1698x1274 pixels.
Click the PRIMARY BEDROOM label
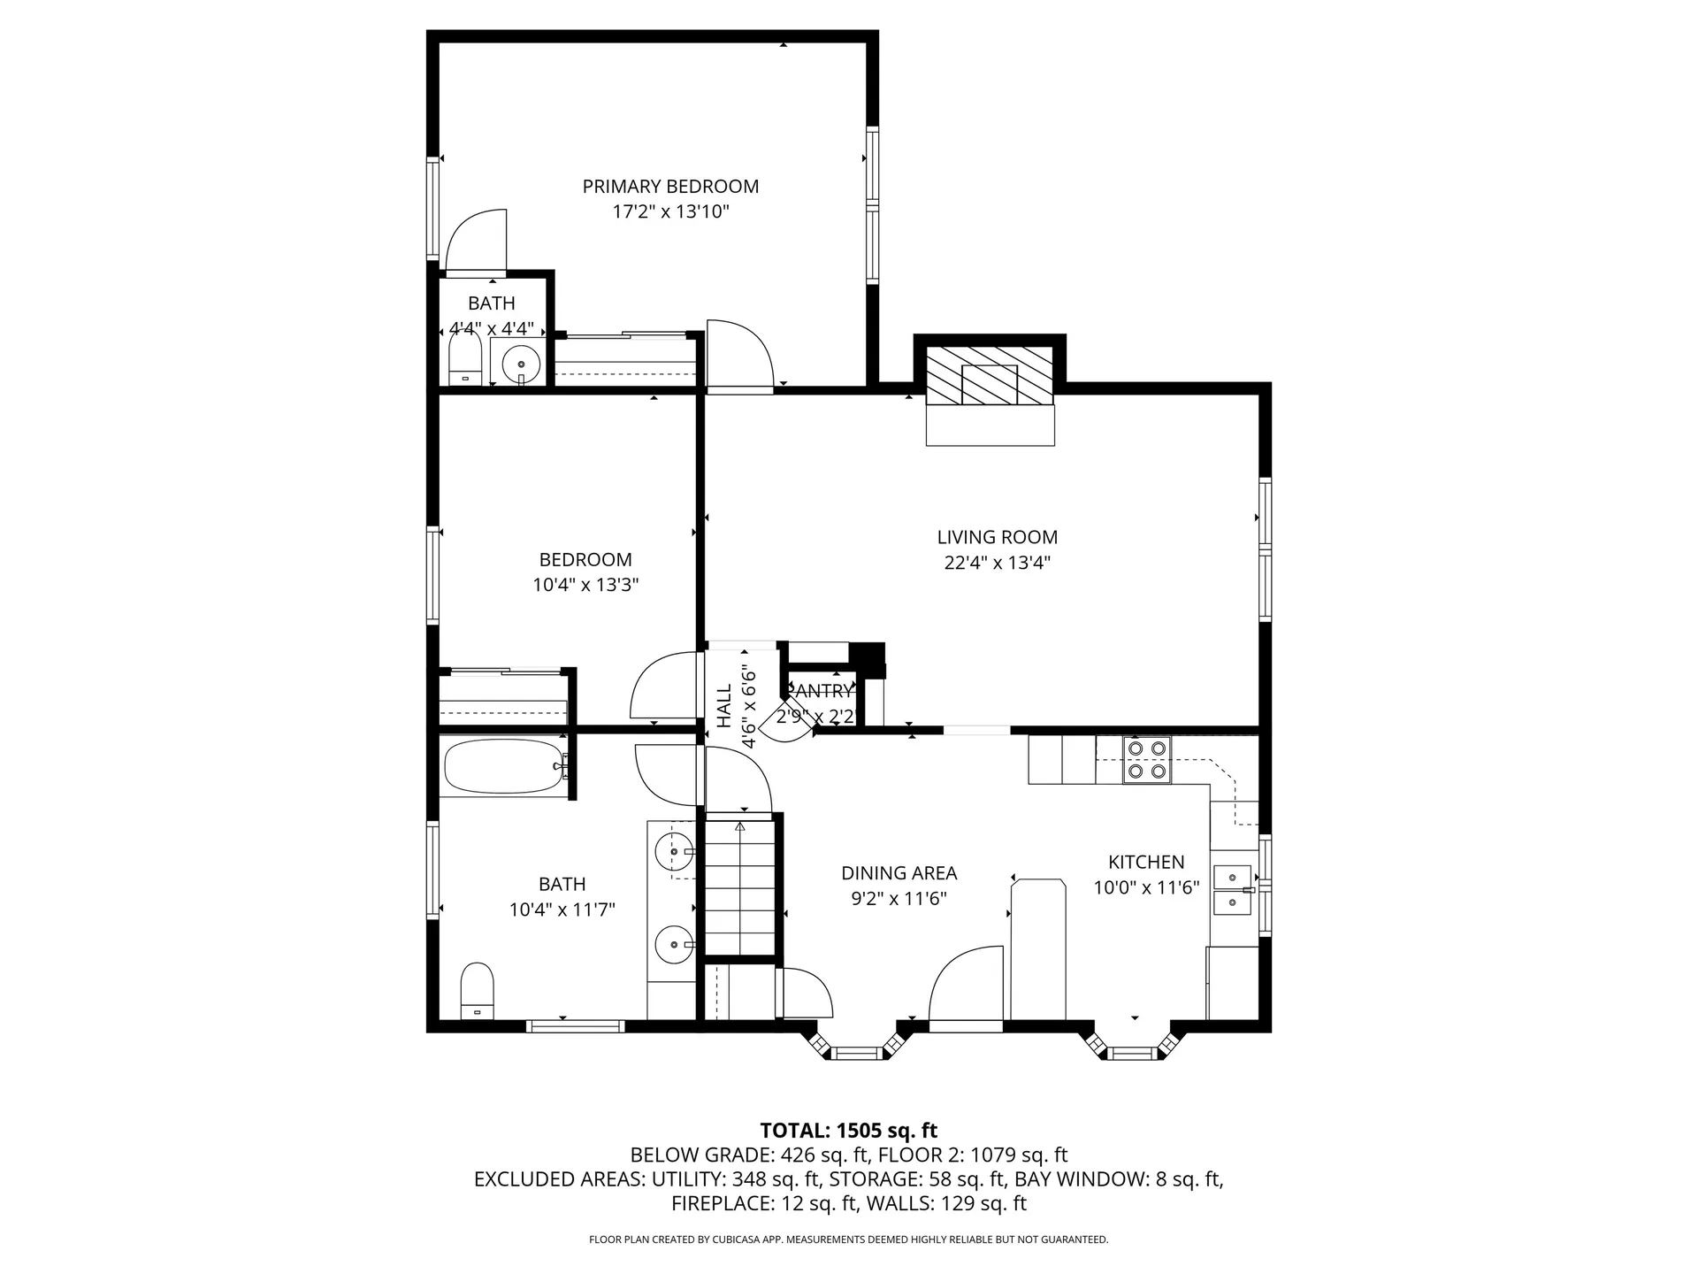[x=670, y=187]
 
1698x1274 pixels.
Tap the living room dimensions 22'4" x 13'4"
[x=997, y=563]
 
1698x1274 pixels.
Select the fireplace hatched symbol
[x=990, y=375]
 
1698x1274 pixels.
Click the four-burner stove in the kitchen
[x=1146, y=760]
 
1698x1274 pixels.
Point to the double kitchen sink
[x=1232, y=890]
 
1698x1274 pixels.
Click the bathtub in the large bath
[x=501, y=767]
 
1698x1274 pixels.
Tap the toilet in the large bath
[x=477, y=991]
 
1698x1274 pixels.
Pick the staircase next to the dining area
[x=739, y=887]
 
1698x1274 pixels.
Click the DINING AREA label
[x=899, y=873]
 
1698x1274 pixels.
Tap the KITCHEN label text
[x=1146, y=862]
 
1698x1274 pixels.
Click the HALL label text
[x=724, y=706]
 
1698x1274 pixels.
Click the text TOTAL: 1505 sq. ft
[x=848, y=1131]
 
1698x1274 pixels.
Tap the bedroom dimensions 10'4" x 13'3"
[x=585, y=585]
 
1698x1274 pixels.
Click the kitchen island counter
[x=1038, y=947]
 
